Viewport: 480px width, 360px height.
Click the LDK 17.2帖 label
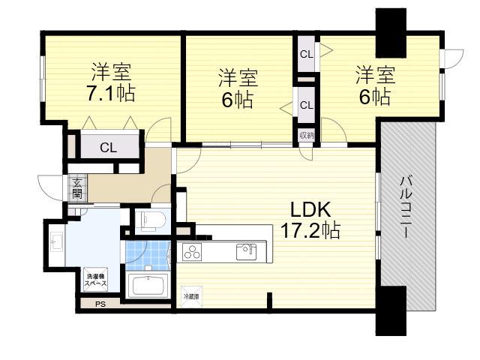click(310, 220)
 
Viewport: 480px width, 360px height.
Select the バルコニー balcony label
click(406, 207)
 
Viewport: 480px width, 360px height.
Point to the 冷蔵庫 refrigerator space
click(192, 296)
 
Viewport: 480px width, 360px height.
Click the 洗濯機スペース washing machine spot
click(95, 280)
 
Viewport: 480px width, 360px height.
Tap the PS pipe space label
click(100, 304)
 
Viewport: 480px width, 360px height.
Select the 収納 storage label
click(307, 135)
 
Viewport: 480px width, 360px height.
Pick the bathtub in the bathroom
click(148, 285)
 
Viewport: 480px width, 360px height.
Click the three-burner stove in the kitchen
click(192, 253)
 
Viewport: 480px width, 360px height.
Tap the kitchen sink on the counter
click(247, 252)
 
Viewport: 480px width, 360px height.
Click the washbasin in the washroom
click(56, 241)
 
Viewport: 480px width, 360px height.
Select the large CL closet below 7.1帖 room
click(108, 147)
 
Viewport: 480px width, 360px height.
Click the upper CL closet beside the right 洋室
click(307, 54)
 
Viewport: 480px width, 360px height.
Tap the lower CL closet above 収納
click(307, 105)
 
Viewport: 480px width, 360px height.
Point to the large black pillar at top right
click(391, 33)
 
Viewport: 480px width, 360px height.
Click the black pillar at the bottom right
click(391, 311)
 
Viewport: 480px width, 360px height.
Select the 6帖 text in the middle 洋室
click(238, 100)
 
